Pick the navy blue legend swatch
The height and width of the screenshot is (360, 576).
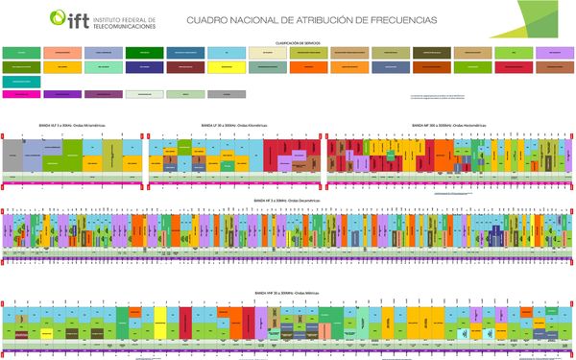click(143, 67)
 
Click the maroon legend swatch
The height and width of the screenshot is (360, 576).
click(184, 67)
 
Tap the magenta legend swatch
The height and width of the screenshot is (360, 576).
click(20, 94)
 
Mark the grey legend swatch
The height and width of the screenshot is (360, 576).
click(226, 94)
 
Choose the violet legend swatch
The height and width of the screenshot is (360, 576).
click(61, 94)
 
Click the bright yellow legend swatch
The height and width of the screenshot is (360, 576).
click(226, 67)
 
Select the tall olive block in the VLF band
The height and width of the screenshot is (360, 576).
click(113, 154)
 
